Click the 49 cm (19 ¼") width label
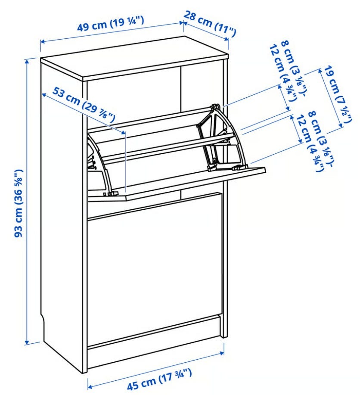click(110, 24)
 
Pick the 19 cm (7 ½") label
click(338, 94)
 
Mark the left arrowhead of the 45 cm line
click(90, 386)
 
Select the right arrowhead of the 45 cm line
click(222, 353)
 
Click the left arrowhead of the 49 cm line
click(43, 41)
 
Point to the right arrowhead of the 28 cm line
click(227, 39)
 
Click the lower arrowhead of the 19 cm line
click(341, 125)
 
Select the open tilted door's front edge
click(196, 184)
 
